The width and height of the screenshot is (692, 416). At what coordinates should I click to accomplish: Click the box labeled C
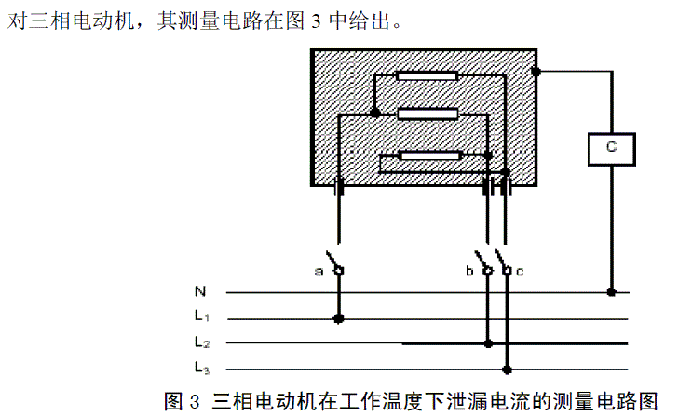[611, 147]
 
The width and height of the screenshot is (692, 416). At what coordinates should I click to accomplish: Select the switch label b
[469, 271]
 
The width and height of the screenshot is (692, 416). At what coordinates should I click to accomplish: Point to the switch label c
[521, 271]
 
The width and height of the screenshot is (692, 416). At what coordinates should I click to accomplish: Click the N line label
[200, 291]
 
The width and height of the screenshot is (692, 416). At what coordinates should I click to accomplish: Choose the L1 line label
[203, 316]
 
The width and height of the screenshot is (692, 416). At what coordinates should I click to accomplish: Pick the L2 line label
[203, 342]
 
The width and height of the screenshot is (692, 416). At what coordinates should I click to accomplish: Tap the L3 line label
[203, 367]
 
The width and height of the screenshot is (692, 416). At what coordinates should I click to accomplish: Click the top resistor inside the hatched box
[426, 75]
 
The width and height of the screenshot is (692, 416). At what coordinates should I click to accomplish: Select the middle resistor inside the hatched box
[427, 114]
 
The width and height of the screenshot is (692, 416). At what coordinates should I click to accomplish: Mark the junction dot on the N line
[611, 292]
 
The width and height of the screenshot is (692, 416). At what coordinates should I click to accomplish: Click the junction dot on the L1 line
[338, 318]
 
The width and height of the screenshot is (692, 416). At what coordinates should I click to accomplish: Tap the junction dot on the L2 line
[488, 343]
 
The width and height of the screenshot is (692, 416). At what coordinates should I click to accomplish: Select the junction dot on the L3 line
[507, 369]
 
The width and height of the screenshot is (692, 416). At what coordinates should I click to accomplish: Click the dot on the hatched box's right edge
[536, 71]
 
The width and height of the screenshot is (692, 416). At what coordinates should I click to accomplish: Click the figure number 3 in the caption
[194, 401]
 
